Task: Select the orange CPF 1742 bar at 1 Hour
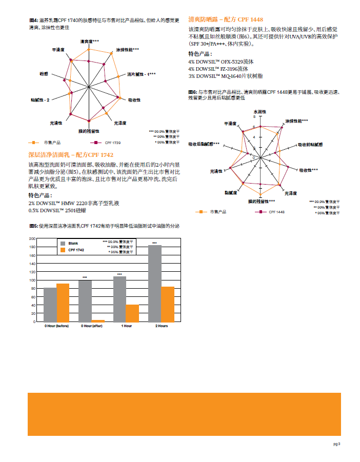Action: pyautogui.click(x=133, y=313)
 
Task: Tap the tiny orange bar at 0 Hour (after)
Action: pyautogui.click(x=98, y=320)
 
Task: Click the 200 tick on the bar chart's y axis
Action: pyautogui.click(x=32, y=239)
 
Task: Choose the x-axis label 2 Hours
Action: pyautogui.click(x=161, y=326)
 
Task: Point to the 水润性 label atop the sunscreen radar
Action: pyautogui.click(x=260, y=111)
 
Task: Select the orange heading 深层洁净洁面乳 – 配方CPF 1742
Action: pyautogui.click(x=71, y=154)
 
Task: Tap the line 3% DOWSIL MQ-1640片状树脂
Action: pyautogui.click(x=225, y=75)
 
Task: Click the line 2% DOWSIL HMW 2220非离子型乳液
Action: pyautogui.click(x=74, y=203)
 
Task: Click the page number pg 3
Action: pyautogui.click(x=336, y=444)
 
